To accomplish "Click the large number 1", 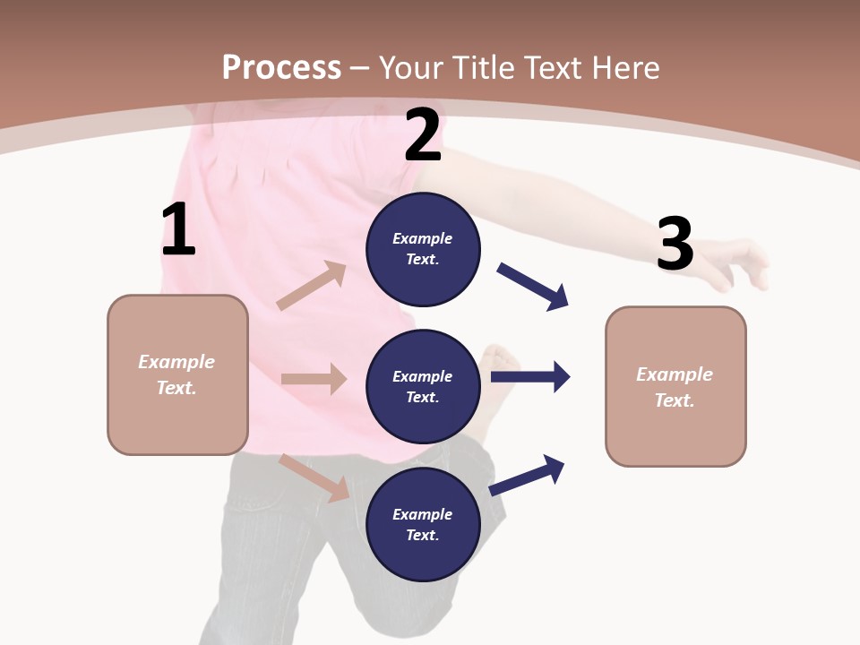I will click(178, 230).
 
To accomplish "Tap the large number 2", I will click(423, 136).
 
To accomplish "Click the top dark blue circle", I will click(423, 249).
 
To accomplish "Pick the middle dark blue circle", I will click(423, 386).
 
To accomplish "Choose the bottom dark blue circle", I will click(423, 524).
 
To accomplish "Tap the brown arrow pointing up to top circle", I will click(312, 286).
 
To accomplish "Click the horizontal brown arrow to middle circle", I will click(314, 379).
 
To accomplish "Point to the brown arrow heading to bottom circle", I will click(314, 477).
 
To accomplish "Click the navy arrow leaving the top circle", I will click(533, 287).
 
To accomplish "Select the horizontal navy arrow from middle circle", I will click(530, 377).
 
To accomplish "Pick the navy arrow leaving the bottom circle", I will click(528, 475).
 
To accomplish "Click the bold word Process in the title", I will click(281, 67).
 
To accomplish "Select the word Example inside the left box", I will click(176, 362).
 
